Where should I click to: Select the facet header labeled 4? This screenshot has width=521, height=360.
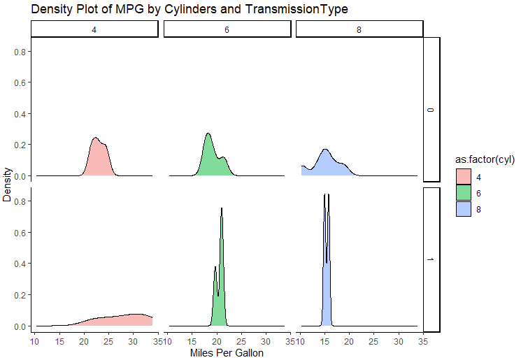pos(94,29)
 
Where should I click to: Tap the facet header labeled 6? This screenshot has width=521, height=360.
pos(227,29)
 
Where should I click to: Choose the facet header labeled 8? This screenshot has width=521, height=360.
pos(359,29)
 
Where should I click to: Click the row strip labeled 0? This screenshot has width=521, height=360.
pos(431,109)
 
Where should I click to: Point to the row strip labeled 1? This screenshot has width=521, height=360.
pos(431,259)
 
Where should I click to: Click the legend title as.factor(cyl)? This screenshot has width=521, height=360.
pos(483,160)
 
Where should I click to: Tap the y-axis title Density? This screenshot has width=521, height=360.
pos(8,184)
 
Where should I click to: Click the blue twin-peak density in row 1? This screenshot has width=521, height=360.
pos(326,266)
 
